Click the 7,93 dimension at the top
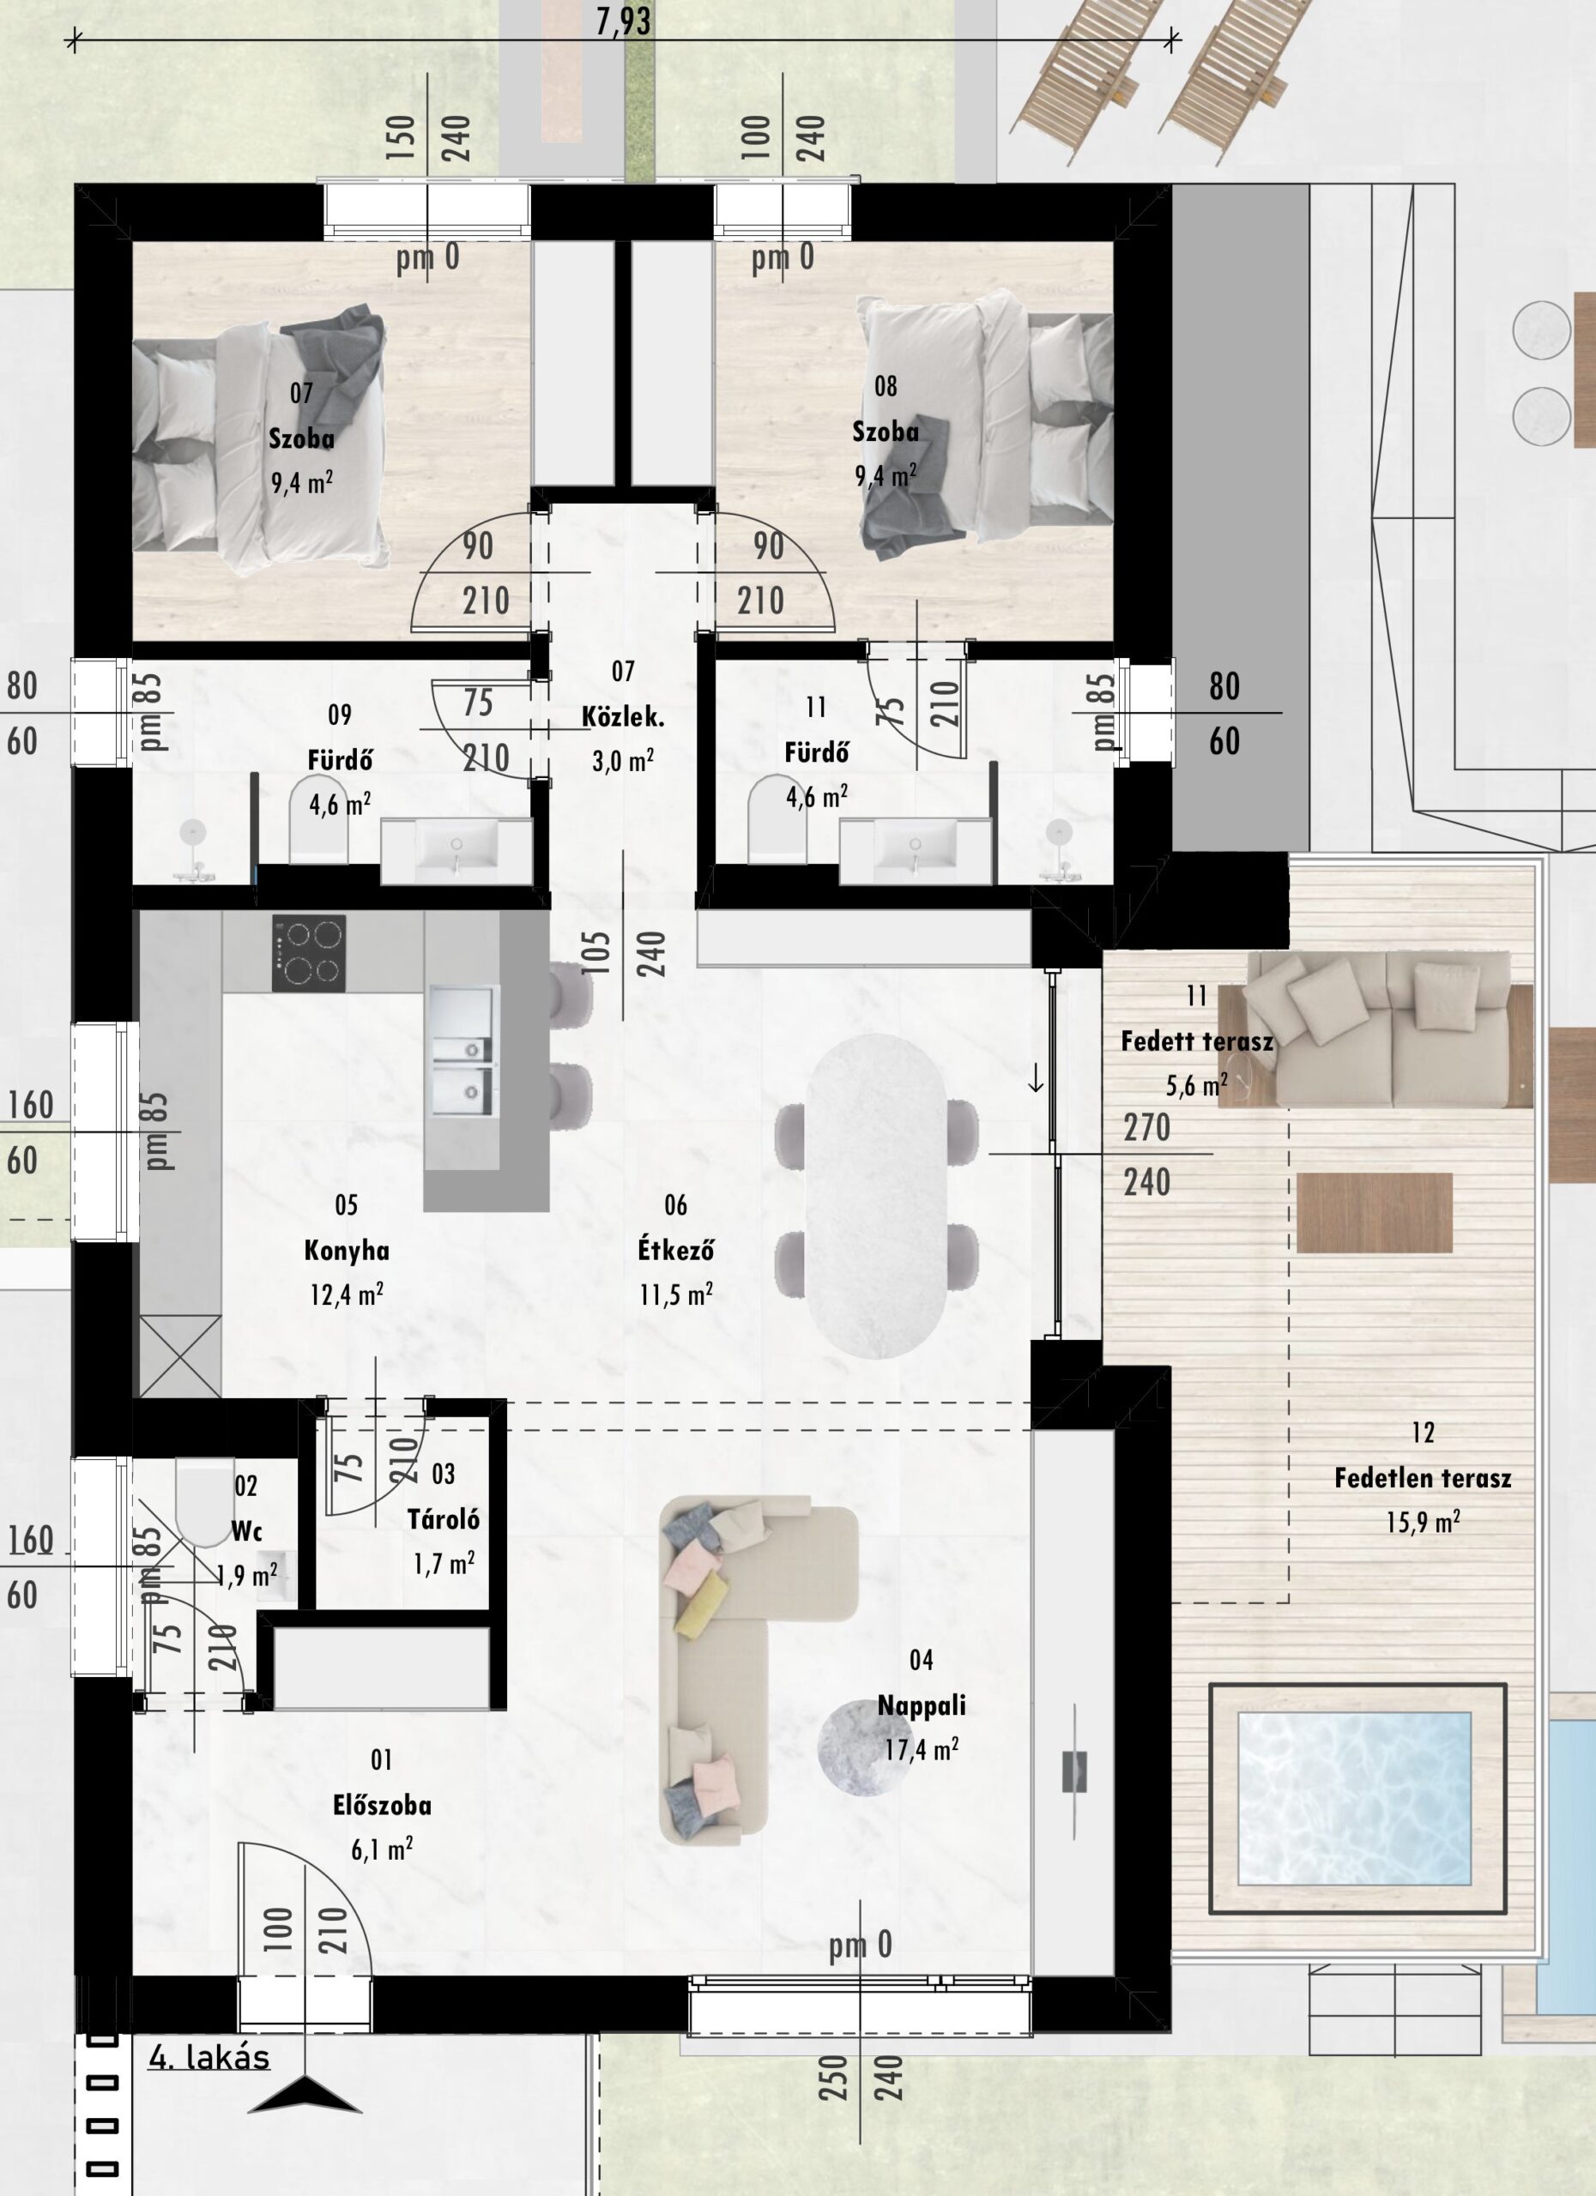624,21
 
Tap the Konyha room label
347,1250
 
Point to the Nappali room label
921,1705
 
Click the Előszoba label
382,1805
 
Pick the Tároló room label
444,1518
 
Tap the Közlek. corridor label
623,717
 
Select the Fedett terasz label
1197,1042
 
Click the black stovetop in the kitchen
309,954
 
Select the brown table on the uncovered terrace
1375,1212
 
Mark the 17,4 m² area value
921,1750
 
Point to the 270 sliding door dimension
1146,1127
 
